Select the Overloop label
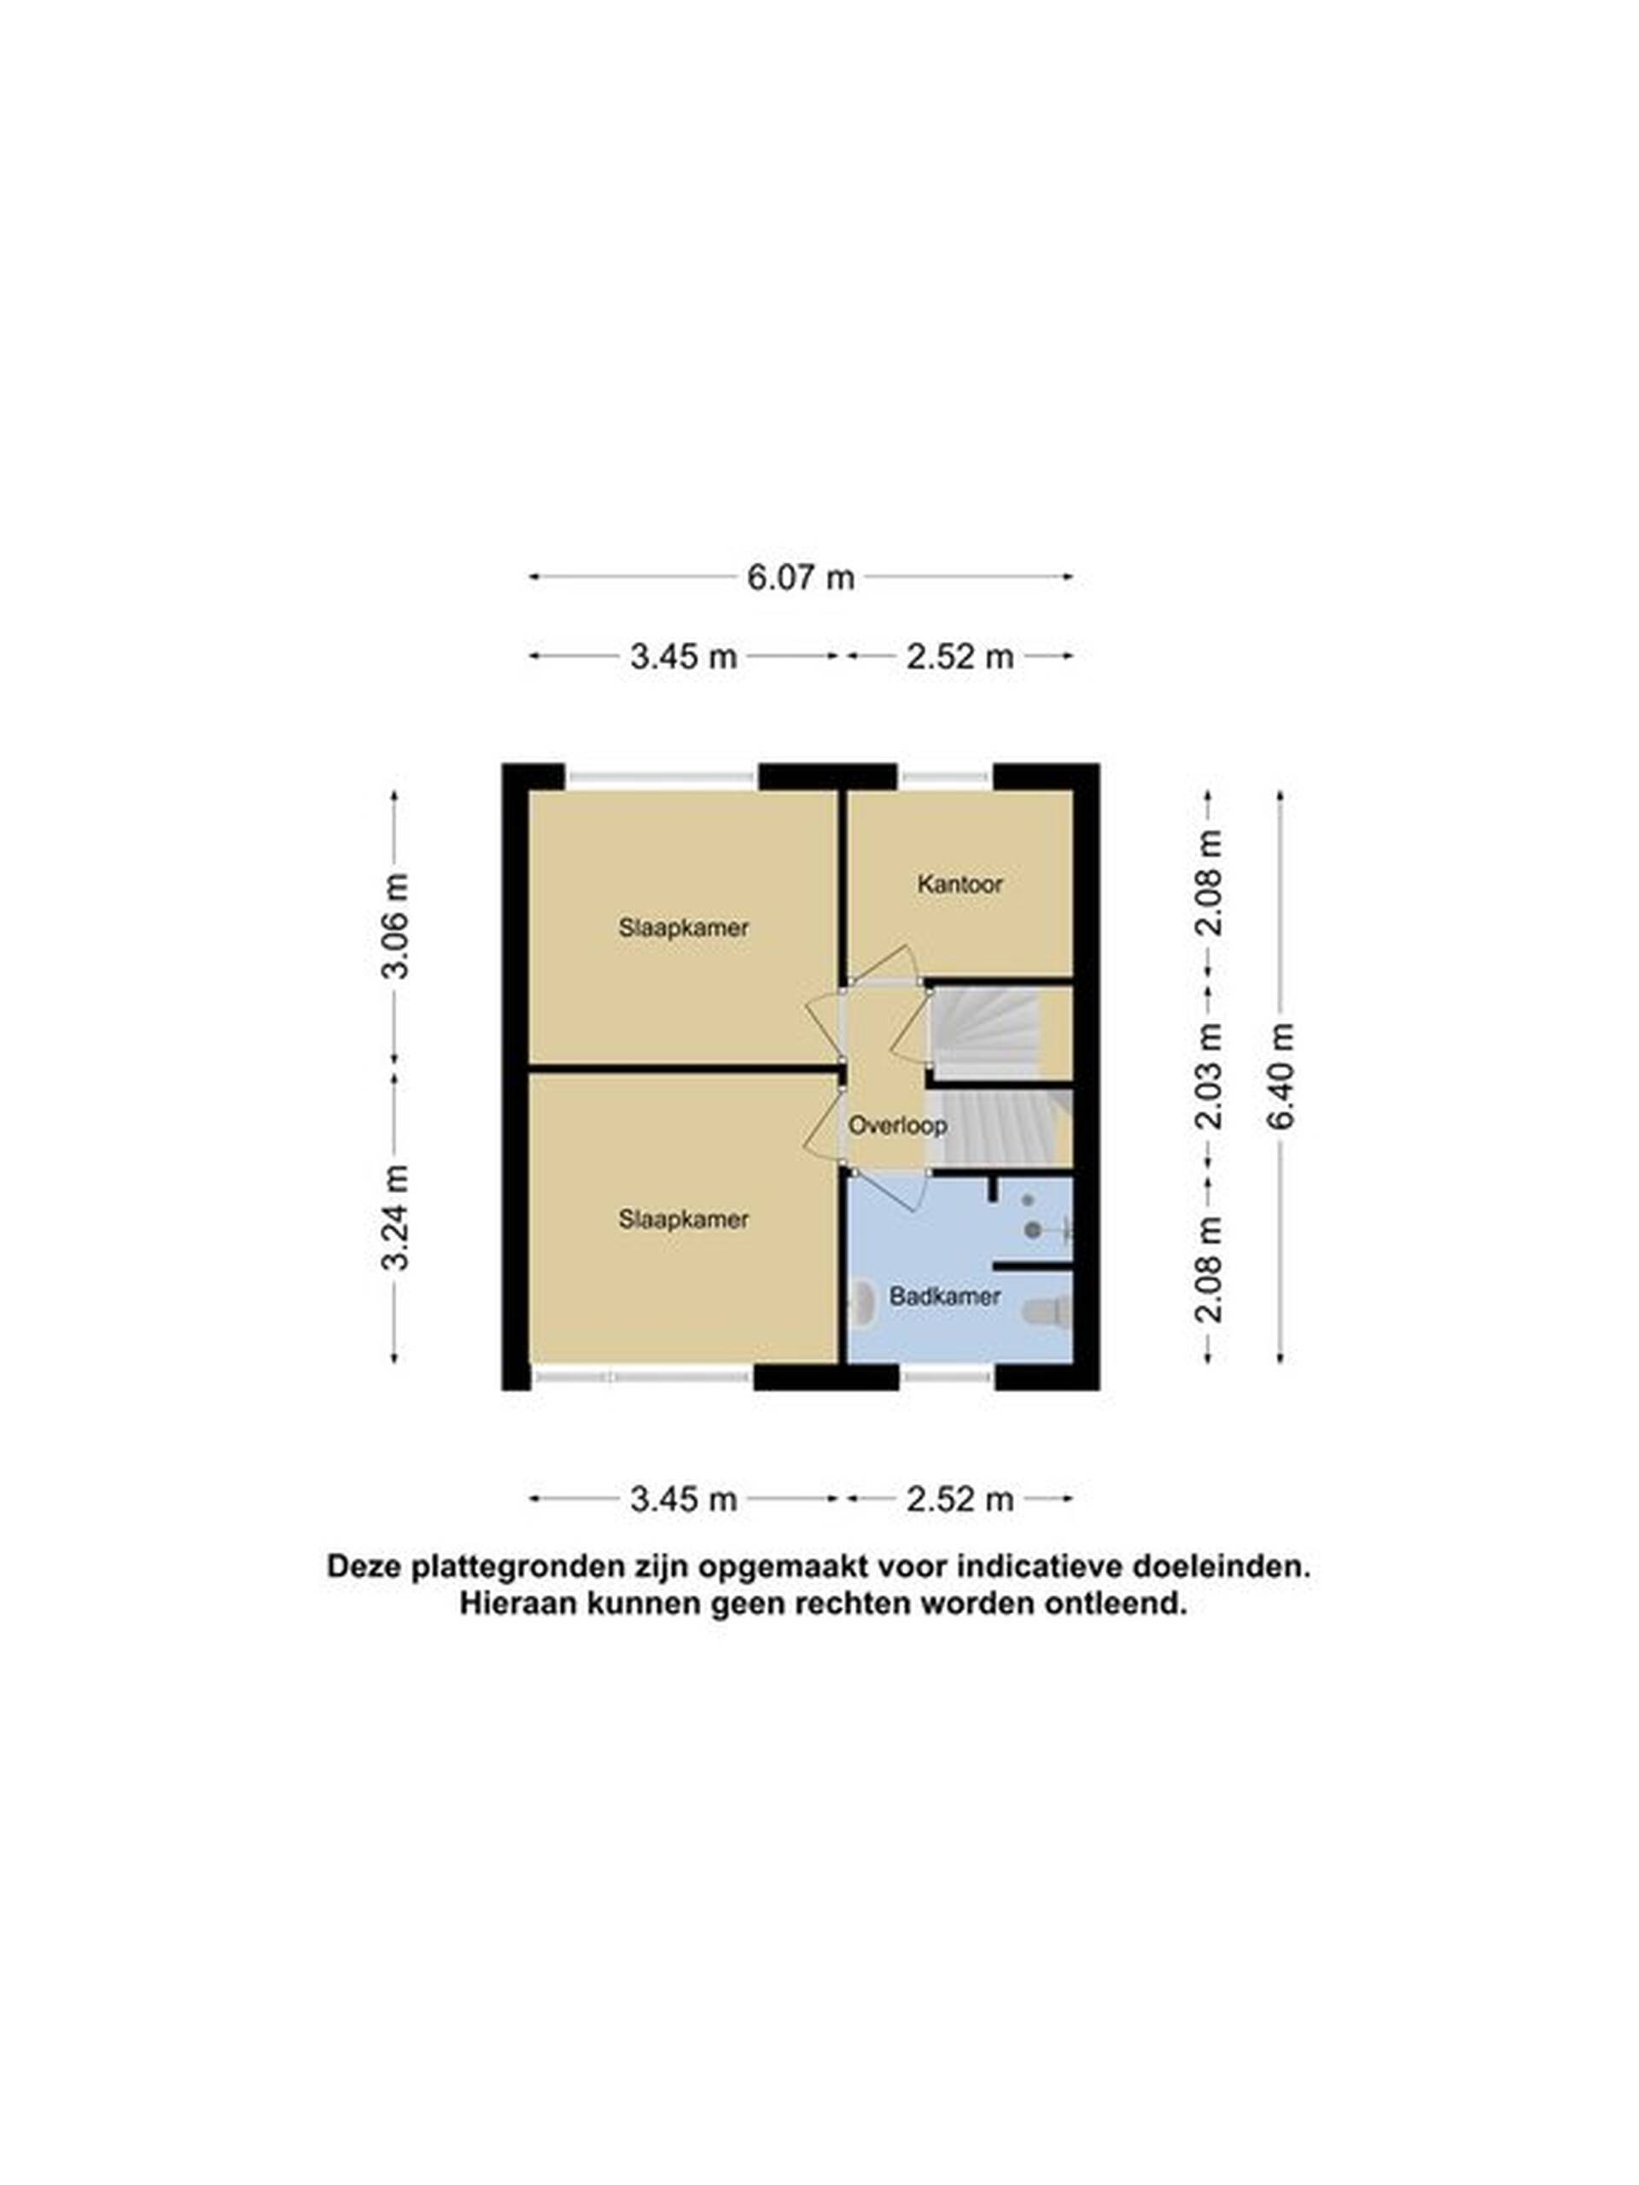point(897,1125)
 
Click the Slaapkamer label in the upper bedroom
point(684,928)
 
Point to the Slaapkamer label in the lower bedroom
point(684,1219)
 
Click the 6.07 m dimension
point(800,577)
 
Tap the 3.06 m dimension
point(394,924)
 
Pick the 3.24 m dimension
point(394,1216)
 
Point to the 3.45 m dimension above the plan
point(684,655)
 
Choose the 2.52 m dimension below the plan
point(960,1499)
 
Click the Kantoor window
point(946,778)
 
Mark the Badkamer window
point(947,1374)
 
